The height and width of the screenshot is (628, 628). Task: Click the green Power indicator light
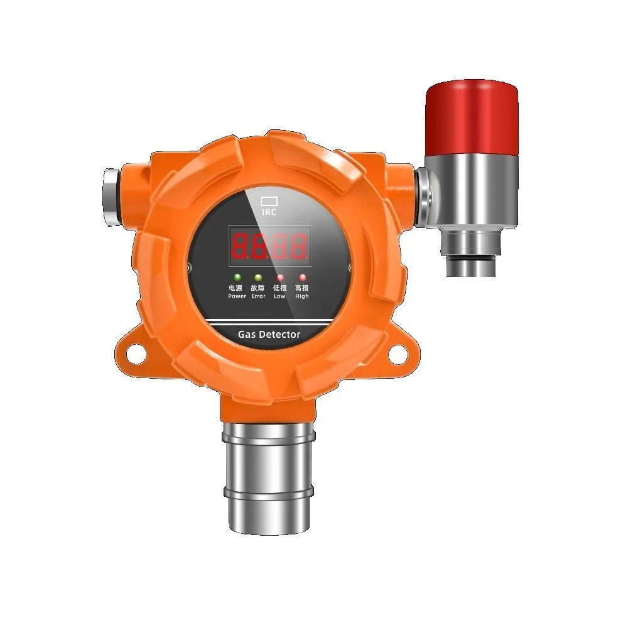[237, 277]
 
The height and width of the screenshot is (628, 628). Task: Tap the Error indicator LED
[258, 277]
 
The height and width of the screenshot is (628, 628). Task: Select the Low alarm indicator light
[280, 277]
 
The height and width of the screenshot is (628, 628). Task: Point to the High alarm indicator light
[302, 277]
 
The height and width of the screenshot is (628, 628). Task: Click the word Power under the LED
[237, 296]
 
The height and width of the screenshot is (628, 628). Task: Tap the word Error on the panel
[258, 296]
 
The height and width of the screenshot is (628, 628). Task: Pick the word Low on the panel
[280, 296]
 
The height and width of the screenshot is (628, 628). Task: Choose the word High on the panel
[302, 296]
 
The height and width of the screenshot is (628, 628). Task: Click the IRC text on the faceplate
[269, 213]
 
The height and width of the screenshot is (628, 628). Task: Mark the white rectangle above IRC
[269, 201]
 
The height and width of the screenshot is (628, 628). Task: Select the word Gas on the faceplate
[246, 335]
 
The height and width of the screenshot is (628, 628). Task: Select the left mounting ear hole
[134, 354]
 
